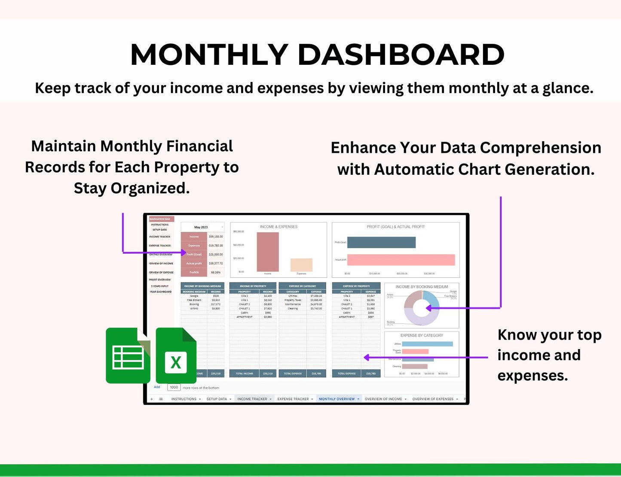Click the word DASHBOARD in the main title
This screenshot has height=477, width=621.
pos(401,55)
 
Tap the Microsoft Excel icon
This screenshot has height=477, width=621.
pos(176,356)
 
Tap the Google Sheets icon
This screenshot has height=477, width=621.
pos(128,356)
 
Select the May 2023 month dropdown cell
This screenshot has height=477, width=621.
pos(202,227)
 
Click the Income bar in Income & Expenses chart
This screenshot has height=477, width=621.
pos(268,252)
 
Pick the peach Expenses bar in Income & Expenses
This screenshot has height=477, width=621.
pos(301,265)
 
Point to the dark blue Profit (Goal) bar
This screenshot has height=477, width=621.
pos(381,243)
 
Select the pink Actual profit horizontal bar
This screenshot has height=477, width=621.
pos(401,260)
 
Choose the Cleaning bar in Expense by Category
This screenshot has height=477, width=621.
pos(415,367)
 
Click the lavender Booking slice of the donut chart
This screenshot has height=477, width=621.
pos(421,320)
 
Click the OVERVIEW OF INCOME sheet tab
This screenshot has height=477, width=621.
pos(383,399)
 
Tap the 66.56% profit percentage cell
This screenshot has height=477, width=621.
pos(216,272)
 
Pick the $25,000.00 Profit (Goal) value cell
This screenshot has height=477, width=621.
pos(216,255)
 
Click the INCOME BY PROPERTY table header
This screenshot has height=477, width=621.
pos(253,286)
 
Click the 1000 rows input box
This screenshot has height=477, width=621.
pos(174,387)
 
